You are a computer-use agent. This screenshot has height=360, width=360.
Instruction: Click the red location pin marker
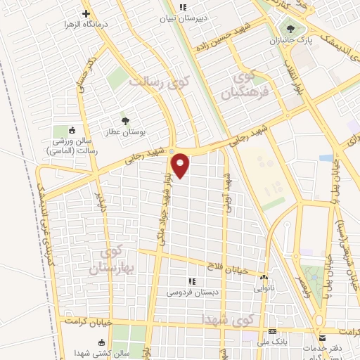coord(181,165)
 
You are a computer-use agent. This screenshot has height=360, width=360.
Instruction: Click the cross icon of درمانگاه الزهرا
coord(86,13)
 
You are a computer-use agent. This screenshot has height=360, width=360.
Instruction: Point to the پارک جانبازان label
coord(288,41)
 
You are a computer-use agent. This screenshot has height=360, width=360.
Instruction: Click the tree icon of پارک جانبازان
coord(288,29)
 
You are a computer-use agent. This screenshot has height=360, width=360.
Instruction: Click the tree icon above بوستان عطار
coord(125,121)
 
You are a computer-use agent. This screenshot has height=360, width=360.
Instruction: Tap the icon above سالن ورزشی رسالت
coord(71,130)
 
